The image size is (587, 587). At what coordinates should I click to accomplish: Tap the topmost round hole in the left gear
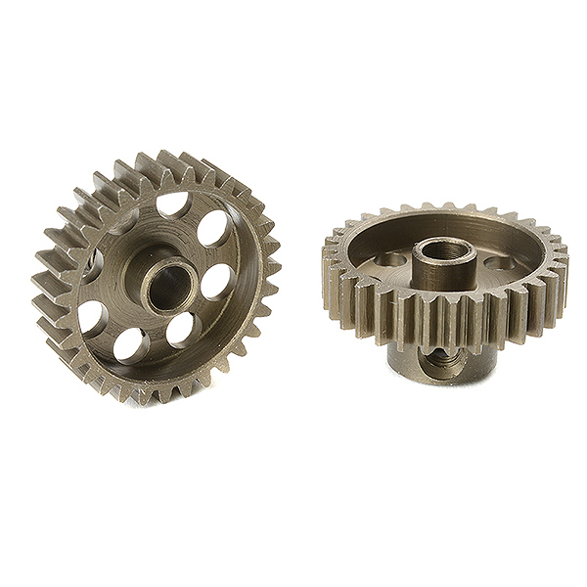click(172, 203)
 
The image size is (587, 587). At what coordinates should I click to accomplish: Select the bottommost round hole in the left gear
click(130, 344)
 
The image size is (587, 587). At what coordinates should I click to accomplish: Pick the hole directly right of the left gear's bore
click(216, 281)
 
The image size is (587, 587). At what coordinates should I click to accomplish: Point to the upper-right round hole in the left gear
click(212, 227)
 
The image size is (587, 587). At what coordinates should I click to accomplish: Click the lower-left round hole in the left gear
click(93, 316)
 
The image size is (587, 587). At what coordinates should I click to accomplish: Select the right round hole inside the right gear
click(498, 263)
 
